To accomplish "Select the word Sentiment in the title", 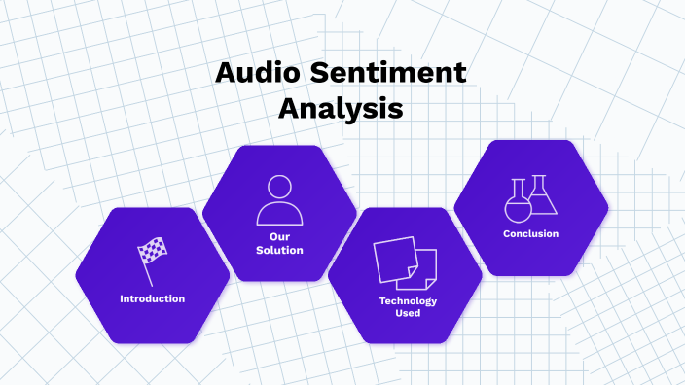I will [x=391, y=74].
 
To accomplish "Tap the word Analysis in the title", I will [x=341, y=109].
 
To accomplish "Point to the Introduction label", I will [x=152, y=298].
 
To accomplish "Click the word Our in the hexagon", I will [x=279, y=236].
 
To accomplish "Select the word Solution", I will [x=279, y=250].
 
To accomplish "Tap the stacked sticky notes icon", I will [x=406, y=262].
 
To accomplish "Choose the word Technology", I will [x=408, y=300].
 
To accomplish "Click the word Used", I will [x=408, y=313].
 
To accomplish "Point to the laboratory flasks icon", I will [x=530, y=197].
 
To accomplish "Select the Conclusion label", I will [x=530, y=233].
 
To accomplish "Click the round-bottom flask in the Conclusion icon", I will [x=518, y=202].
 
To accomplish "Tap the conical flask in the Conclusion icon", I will [x=542, y=197].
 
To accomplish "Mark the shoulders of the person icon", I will [x=279, y=213].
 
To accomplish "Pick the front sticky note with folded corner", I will [x=422, y=268].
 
